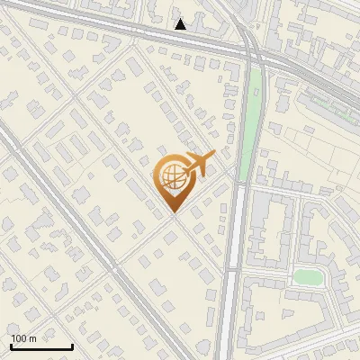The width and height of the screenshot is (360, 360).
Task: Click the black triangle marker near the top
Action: click(181, 24)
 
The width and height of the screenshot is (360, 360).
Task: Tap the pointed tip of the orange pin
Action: click(173, 213)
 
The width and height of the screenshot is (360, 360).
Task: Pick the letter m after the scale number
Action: click(33, 338)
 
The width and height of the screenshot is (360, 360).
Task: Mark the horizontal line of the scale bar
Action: click(40, 346)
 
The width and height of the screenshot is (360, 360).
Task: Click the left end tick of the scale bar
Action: click(10, 345)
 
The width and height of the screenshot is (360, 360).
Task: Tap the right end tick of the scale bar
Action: click(72, 345)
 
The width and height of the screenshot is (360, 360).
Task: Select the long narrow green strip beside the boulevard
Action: click(254, 108)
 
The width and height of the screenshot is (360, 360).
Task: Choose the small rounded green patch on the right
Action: click(307, 277)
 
